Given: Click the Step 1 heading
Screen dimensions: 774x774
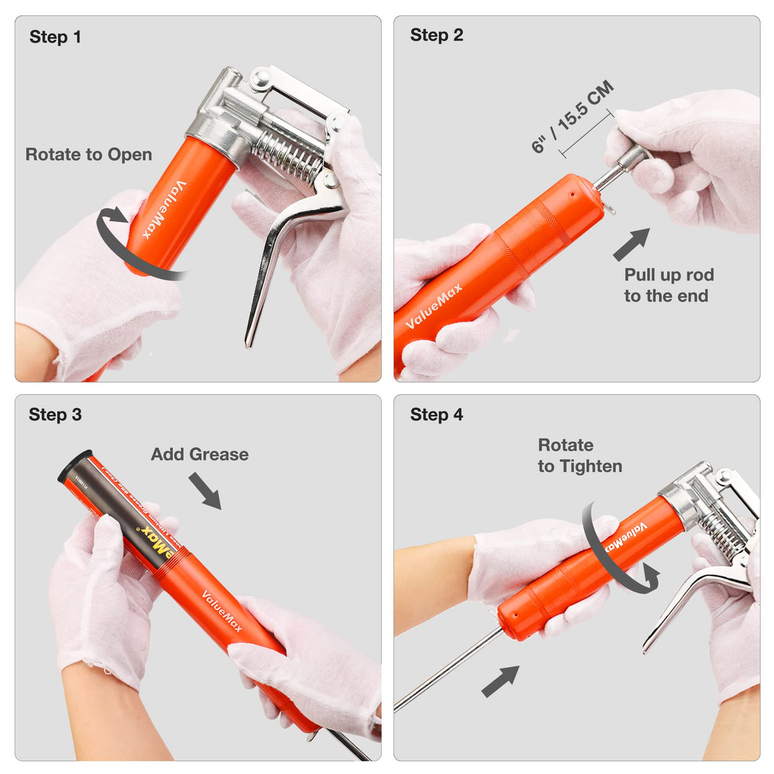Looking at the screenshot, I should (55, 37).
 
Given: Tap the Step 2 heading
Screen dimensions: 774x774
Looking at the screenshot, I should (436, 35).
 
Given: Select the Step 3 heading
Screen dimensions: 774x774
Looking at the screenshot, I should (55, 415).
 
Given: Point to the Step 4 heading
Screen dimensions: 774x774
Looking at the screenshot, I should (436, 415).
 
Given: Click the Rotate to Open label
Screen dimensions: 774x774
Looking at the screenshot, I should (89, 154).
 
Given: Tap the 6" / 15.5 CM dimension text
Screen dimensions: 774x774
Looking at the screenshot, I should (572, 117).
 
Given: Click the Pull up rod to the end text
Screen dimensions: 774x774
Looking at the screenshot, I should (668, 285).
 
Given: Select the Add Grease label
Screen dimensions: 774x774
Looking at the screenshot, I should (200, 454).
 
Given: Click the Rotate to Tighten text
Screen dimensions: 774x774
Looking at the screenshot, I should (579, 455).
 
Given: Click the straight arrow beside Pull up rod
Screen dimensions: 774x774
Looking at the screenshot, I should (631, 244).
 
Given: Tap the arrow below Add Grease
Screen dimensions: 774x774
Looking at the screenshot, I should (205, 490).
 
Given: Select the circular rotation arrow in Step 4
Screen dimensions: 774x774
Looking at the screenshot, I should (615, 551).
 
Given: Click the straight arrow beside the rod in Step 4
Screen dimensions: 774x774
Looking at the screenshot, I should (500, 681).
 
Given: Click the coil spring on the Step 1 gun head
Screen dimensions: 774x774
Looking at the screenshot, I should (287, 157).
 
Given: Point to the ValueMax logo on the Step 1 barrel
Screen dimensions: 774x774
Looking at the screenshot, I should (164, 209).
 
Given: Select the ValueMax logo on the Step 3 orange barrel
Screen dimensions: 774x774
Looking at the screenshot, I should (221, 611).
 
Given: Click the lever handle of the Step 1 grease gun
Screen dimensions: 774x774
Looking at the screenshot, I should (268, 268).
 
